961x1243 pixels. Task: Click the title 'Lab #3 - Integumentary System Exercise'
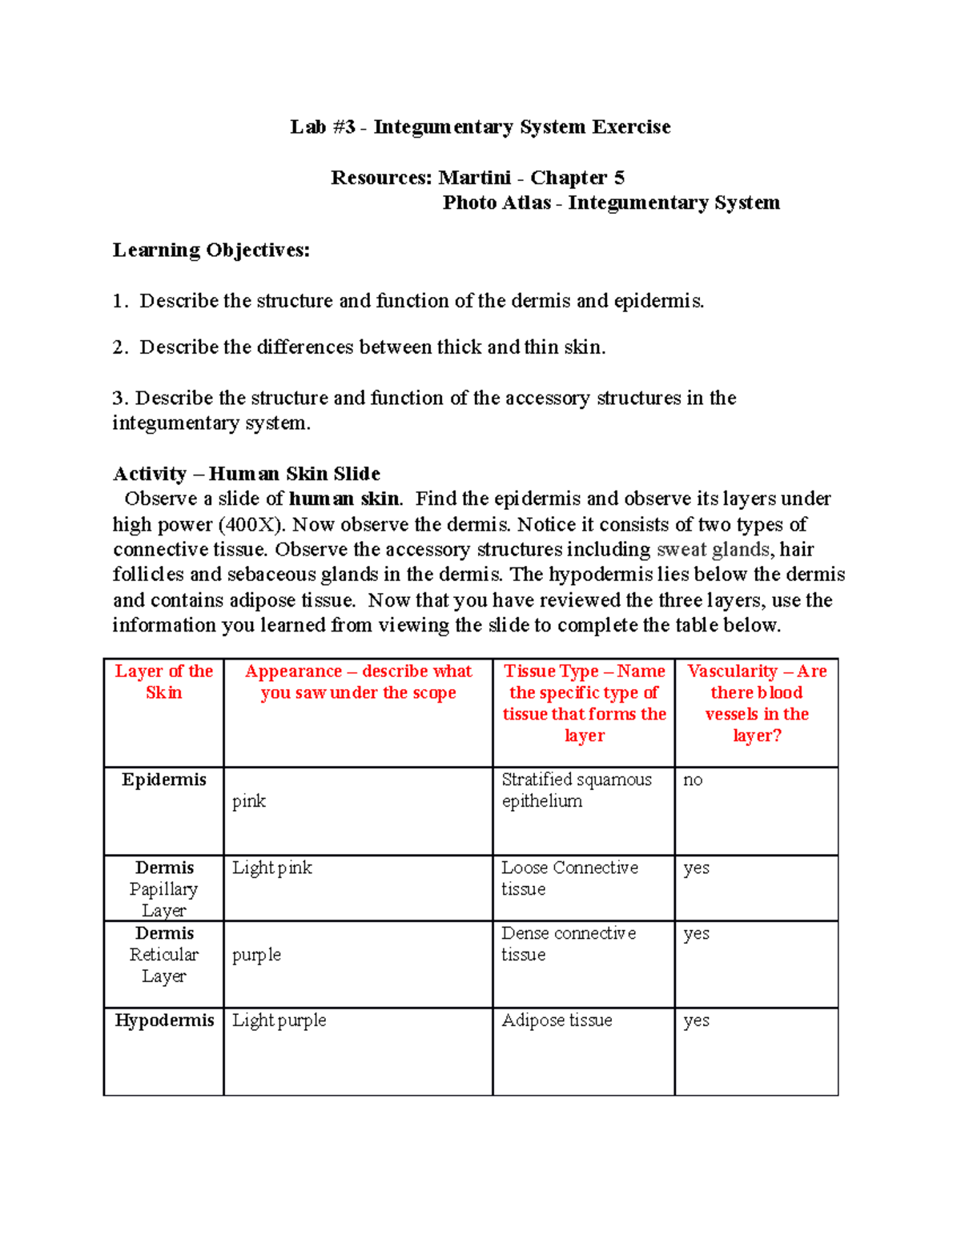click(480, 127)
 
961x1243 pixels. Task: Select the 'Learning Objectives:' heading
click(211, 251)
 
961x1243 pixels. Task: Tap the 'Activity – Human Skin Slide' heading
click(246, 474)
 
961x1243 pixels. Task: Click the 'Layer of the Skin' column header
click(163, 682)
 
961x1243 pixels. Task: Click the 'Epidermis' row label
click(163, 780)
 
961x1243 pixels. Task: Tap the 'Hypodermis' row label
click(164, 1020)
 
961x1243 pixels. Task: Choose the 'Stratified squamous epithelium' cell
click(577, 790)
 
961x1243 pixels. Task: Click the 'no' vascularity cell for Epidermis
click(693, 780)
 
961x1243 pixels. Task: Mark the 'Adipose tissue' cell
click(557, 1020)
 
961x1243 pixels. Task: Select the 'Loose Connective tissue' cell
click(569, 878)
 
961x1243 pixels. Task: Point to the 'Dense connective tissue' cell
click(569, 944)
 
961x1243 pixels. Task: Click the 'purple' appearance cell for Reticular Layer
click(256, 955)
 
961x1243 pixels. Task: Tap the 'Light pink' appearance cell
click(271, 868)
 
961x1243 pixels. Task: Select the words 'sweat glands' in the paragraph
click(714, 550)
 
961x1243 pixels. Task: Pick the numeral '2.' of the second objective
click(120, 347)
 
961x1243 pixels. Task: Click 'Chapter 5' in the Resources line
click(577, 178)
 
